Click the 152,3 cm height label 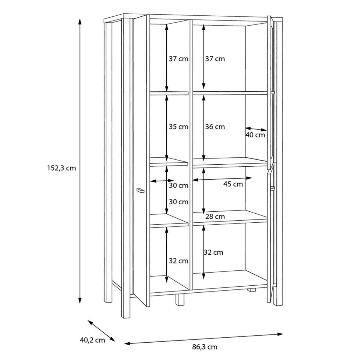(61, 168)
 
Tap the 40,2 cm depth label (93, 340)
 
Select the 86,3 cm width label (204, 347)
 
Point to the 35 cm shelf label (179, 127)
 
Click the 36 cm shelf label (215, 127)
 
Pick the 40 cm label (255, 135)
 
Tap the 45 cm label (233, 184)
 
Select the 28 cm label (215, 216)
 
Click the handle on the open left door (140, 190)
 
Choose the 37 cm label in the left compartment (179, 59)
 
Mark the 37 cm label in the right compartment (215, 59)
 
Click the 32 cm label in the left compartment (179, 261)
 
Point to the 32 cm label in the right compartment (213, 252)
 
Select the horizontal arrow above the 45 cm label (222, 179)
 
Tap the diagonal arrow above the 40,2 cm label (102, 331)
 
